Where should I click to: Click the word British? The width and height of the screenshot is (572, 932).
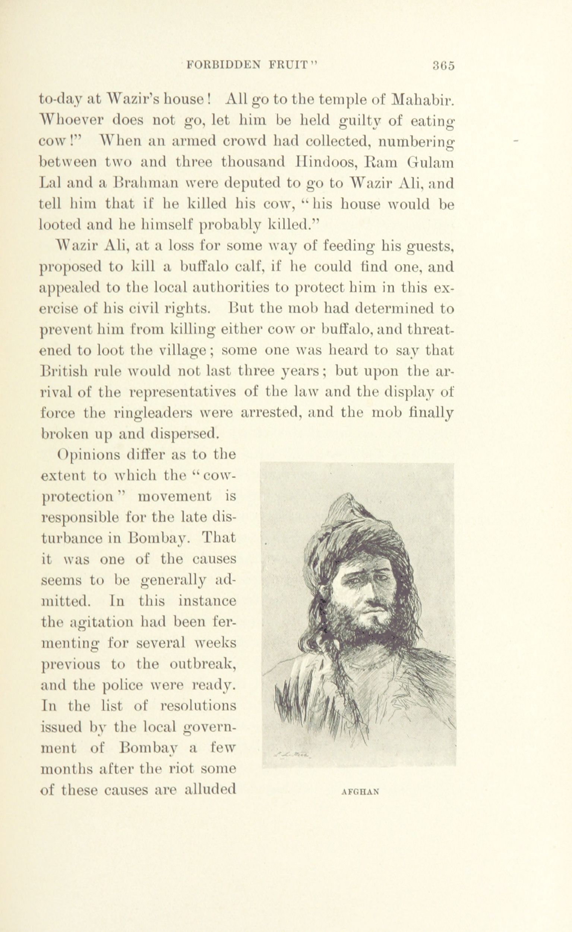pos(64,371)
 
